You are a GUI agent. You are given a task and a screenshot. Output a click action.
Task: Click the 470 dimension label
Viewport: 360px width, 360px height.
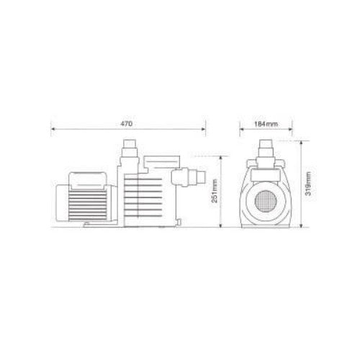(126, 124)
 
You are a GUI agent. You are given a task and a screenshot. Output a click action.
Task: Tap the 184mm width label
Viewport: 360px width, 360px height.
(266, 124)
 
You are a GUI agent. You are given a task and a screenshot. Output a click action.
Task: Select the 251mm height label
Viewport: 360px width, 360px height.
(215, 191)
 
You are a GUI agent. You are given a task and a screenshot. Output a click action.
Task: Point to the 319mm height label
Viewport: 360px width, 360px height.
(308, 184)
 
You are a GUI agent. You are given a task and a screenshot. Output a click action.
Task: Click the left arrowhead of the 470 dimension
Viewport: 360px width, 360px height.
(53, 129)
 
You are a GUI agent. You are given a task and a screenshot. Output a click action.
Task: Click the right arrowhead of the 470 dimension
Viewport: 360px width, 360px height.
(204, 129)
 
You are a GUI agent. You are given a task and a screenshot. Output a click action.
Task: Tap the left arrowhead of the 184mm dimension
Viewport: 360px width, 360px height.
(242, 129)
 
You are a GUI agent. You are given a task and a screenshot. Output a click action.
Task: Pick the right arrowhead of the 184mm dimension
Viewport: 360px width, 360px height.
(290, 129)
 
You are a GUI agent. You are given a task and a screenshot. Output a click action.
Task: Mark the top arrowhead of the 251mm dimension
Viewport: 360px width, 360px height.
(220, 158)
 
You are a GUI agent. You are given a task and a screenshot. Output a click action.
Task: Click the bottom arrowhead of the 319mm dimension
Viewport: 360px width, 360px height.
(302, 225)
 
